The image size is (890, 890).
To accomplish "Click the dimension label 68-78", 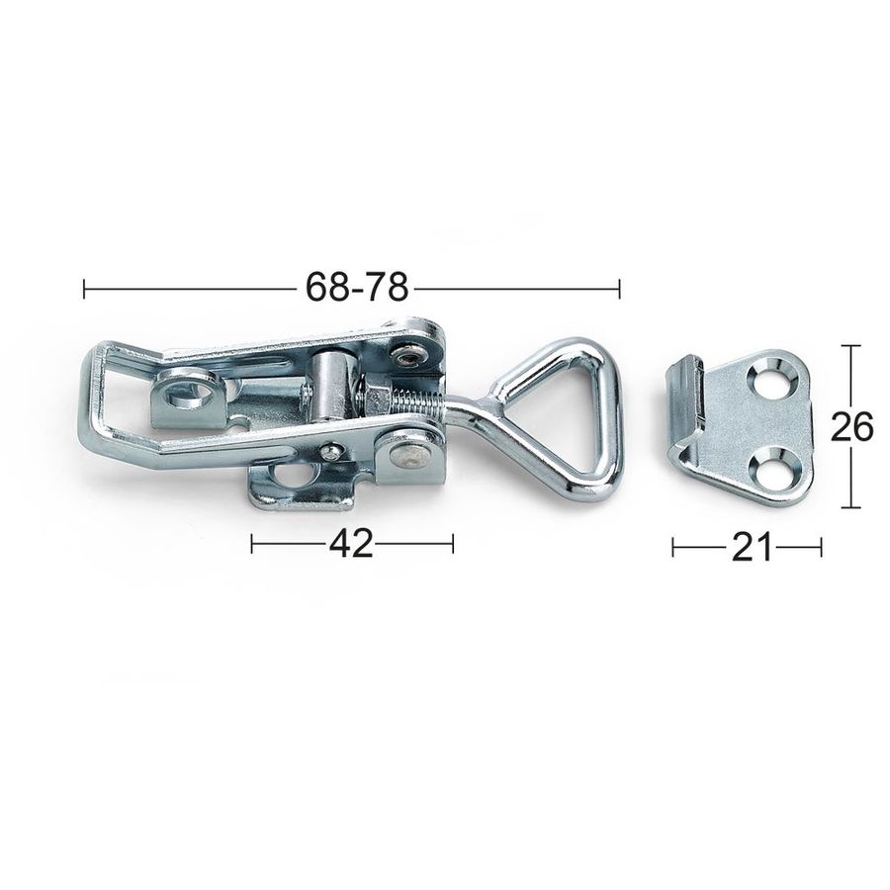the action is (357, 287).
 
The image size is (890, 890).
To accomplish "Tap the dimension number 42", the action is (351, 544).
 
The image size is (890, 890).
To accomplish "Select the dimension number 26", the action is (851, 427).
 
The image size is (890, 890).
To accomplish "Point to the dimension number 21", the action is (753, 548).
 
